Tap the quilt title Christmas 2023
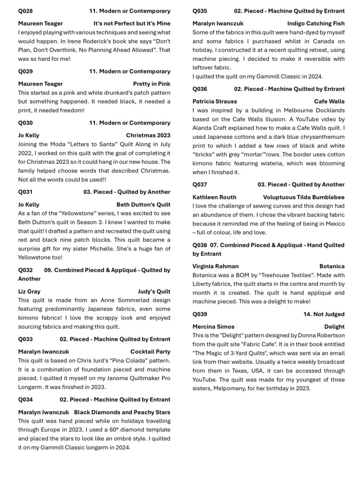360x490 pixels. point(148,136)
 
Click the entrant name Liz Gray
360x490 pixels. point(29,291)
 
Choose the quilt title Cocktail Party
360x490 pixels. point(150,352)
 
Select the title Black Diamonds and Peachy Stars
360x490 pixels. point(122,412)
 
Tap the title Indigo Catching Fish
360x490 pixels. point(316,23)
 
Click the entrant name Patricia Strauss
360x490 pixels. point(215,102)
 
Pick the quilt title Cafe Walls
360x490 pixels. point(329,102)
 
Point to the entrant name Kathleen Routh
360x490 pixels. point(214,197)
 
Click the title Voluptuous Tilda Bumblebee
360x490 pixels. point(304,197)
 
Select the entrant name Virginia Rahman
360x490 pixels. point(216,266)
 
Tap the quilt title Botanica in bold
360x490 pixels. point(332,266)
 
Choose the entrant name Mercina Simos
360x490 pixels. point(213,327)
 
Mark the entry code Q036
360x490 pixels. point(200,89)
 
